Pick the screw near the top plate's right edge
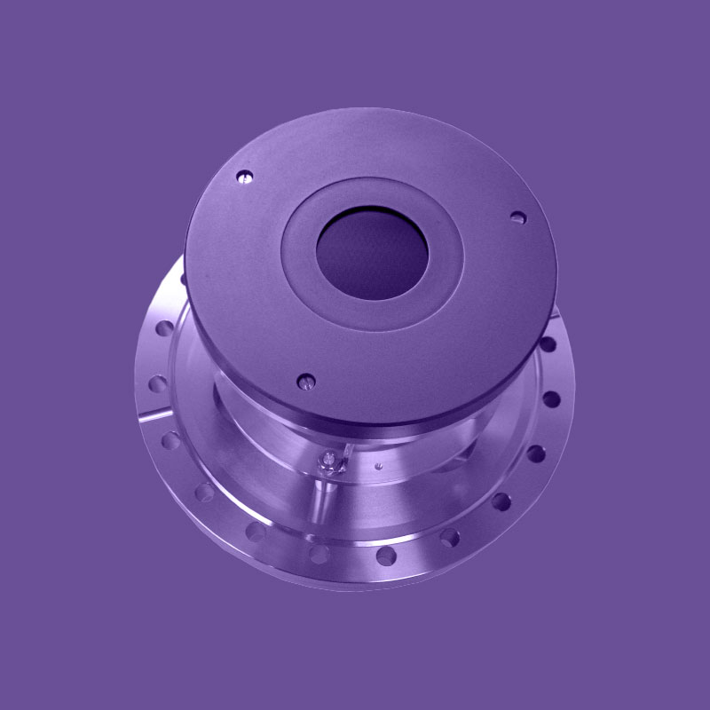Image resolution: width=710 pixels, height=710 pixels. point(517,216)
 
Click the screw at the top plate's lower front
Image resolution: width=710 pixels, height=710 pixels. point(306,381)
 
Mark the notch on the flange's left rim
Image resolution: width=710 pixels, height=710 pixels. point(153,414)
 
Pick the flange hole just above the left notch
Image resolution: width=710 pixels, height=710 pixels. point(158,383)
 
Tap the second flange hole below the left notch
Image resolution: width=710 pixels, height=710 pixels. point(203,491)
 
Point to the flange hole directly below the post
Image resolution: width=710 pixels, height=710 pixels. point(319,555)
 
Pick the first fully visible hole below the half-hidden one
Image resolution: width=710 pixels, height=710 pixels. point(163,328)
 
